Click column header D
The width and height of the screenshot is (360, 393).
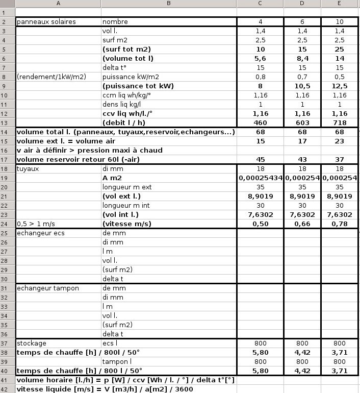pos(302,4)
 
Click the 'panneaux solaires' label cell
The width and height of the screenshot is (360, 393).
pos(46,22)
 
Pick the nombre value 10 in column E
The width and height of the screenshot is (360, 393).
pos(340,22)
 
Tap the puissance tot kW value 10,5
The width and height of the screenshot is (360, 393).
pos(302,86)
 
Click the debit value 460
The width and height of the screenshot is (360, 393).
pos(260,122)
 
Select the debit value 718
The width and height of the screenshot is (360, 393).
pos(340,122)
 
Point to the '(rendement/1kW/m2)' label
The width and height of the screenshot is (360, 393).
pos(52,77)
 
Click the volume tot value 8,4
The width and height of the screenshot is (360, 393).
pos(302,59)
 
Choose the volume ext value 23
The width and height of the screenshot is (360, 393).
pos(340,141)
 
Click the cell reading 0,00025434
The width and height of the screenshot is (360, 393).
pos(260,178)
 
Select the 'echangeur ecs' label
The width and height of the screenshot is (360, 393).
pos(41,233)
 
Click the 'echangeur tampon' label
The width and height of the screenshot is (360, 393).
pos(48,288)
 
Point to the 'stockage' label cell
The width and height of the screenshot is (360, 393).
pos(32,343)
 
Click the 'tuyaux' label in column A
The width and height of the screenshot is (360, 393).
pos(28,168)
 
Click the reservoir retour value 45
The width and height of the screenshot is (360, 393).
pos(260,159)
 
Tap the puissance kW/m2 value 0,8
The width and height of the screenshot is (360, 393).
pos(260,77)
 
